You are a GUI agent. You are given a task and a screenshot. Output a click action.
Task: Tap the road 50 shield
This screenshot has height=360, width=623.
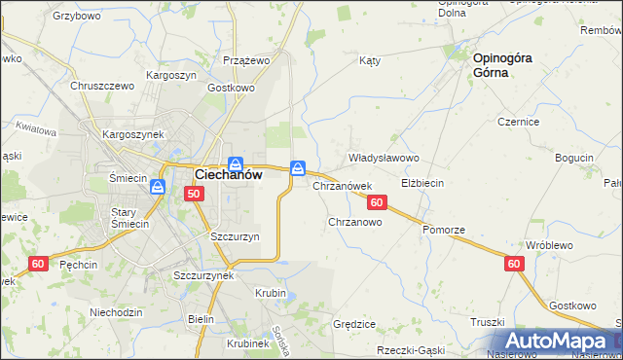coord(195,195)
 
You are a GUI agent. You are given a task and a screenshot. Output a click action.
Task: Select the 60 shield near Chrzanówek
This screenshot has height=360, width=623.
coord(379,202)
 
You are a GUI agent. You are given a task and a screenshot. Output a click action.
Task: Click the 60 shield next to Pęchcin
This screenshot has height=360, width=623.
coord(38,264)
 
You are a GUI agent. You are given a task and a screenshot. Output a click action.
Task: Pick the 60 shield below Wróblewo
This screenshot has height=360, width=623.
coord(514,264)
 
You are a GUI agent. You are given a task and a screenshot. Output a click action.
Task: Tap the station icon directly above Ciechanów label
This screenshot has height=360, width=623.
coord(235,163)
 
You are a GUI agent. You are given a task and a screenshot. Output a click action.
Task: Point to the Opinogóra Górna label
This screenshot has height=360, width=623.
coord(502,65)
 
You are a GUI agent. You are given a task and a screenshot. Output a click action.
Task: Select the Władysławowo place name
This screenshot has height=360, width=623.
coord(384,158)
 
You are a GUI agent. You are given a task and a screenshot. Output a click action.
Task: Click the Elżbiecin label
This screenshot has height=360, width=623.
coord(423,183)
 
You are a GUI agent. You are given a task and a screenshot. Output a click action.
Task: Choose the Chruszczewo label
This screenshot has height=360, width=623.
coord(101,86)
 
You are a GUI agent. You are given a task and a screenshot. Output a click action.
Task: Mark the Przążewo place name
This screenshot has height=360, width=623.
coord(245,59)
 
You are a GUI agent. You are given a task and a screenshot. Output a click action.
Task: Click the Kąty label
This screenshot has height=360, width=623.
coord(369,60)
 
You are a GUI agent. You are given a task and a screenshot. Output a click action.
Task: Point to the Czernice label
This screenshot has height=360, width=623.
coord(519,122)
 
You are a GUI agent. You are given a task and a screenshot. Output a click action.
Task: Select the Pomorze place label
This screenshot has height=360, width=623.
coord(444,230)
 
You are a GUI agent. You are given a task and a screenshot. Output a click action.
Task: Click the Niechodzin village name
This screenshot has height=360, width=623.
coord(116,312)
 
